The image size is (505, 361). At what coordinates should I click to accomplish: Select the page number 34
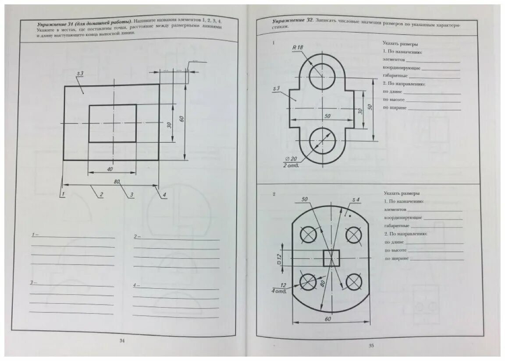click(x=122, y=341)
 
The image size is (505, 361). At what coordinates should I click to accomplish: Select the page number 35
click(x=371, y=346)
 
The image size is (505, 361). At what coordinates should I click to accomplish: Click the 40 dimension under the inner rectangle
click(x=110, y=169)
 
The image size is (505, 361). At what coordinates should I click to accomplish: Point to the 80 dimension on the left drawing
click(x=117, y=182)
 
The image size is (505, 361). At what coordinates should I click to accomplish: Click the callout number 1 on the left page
click(x=63, y=194)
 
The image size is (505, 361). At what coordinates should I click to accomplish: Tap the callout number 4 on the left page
click(x=164, y=195)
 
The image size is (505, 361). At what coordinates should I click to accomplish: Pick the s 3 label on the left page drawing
click(x=80, y=74)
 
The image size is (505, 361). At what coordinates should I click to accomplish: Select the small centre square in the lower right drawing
click(x=332, y=258)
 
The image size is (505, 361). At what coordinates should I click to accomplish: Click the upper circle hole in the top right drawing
click(x=322, y=75)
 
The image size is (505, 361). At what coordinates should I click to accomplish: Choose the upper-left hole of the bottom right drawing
click(x=309, y=235)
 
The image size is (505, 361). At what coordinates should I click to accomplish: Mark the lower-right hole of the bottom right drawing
click(x=354, y=282)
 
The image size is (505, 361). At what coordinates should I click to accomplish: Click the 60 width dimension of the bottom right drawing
click(x=327, y=319)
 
